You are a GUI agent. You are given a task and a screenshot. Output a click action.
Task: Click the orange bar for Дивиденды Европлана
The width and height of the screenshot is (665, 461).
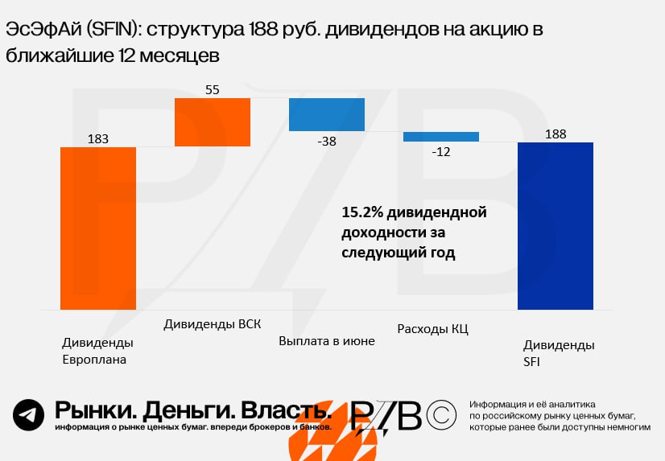click(x=98, y=228)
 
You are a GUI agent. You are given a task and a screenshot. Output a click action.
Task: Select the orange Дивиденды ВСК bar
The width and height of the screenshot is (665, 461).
click(x=213, y=122)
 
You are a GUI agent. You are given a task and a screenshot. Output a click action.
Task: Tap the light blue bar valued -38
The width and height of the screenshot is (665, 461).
click(x=327, y=115)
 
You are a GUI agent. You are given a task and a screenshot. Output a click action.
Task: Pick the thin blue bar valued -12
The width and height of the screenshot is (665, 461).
click(x=441, y=137)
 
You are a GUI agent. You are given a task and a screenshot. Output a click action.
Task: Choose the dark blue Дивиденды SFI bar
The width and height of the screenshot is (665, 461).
click(x=556, y=226)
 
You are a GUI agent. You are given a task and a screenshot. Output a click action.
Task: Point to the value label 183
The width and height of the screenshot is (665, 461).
click(x=98, y=139)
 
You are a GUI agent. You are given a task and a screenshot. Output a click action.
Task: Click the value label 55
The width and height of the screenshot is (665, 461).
click(x=213, y=90)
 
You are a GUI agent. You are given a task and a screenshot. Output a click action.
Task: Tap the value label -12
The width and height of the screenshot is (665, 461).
click(x=440, y=151)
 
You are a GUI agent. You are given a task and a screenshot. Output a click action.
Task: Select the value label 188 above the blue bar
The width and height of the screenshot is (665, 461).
click(x=556, y=134)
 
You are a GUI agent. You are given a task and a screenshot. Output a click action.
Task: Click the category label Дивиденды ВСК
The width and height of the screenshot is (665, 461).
click(x=212, y=324)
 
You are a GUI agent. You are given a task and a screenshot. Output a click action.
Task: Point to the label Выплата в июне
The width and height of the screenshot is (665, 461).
click(x=327, y=341)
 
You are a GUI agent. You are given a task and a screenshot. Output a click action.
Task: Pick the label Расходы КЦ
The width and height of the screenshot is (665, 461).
click(x=433, y=329)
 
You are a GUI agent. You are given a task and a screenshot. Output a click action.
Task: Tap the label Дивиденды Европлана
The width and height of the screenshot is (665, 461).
click(x=97, y=352)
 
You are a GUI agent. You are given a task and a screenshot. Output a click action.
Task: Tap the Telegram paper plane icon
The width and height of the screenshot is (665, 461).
click(x=28, y=415)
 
